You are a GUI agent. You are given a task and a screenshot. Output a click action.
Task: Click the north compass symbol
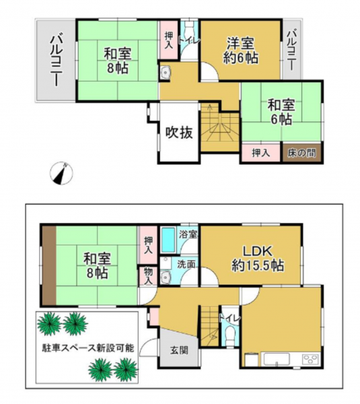click(x=61, y=173)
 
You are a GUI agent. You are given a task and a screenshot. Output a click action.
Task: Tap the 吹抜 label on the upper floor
click(x=179, y=133)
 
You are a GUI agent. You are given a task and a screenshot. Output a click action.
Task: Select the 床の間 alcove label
click(x=301, y=154)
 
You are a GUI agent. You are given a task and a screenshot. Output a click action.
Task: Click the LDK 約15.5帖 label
click(x=258, y=259)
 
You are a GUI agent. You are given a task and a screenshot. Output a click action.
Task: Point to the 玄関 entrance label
click(x=179, y=350)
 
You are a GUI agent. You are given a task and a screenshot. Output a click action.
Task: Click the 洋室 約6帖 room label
click(x=241, y=50)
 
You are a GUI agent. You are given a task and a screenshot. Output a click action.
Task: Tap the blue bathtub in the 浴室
click(x=169, y=240)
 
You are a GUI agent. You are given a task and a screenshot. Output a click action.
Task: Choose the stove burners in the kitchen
click(x=310, y=359)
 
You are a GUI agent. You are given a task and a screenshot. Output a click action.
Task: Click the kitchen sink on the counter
click(x=275, y=359)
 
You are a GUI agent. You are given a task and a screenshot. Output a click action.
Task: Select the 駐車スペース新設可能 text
click(x=88, y=348)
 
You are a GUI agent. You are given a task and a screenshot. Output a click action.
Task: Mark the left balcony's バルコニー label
click(x=56, y=61)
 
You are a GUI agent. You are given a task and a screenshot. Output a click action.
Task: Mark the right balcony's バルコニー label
click(x=292, y=50)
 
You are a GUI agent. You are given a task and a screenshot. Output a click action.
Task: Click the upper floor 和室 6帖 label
click(x=281, y=112)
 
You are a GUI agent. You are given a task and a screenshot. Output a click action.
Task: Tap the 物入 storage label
click(x=148, y=275)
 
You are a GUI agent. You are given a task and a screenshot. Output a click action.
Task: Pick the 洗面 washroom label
click(x=186, y=264)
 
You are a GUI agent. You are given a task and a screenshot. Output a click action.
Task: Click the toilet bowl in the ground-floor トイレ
click(x=228, y=337)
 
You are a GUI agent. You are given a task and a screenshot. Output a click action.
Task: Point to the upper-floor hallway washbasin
click(x=165, y=73)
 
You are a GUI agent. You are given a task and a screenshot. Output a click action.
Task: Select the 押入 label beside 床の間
click(x=261, y=153)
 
